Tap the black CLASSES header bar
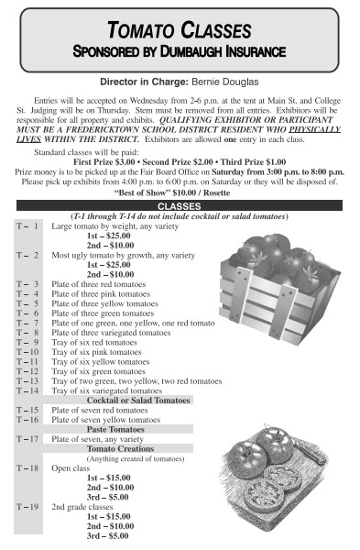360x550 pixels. (180, 206)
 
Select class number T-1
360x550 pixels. (27, 225)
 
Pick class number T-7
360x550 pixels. (27, 323)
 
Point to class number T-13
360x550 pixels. (27, 380)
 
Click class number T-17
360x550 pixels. (27, 439)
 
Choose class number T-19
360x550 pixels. (27, 506)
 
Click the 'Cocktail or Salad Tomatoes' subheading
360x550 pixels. (132, 400)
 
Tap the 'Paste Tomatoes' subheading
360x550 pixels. (121, 429)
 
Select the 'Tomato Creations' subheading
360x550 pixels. (121, 448)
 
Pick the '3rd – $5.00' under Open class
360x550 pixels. (107, 496)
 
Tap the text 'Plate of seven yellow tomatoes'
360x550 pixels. (108, 420)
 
